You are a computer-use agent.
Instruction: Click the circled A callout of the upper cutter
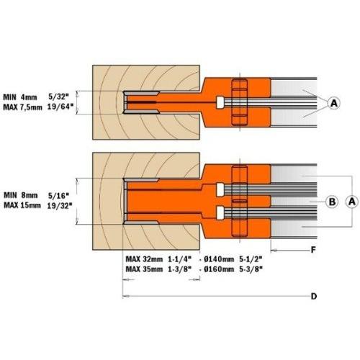(x=334, y=103)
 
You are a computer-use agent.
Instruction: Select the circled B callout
(x=332, y=202)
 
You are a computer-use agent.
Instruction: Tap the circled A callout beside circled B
(x=352, y=202)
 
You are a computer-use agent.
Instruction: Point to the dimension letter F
(x=313, y=250)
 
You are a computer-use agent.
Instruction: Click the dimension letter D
(x=314, y=297)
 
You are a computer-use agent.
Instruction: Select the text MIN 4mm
(x=20, y=97)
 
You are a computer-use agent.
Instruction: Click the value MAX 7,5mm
(x=22, y=107)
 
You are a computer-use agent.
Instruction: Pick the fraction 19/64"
(x=60, y=107)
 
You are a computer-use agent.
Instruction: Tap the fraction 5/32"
(x=58, y=96)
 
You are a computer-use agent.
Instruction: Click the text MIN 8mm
(x=21, y=195)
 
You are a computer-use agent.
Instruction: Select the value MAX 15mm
(x=22, y=205)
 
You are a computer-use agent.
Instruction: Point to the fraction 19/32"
(x=60, y=206)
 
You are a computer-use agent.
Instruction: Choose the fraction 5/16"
(x=58, y=196)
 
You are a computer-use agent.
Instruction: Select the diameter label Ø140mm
(x=219, y=259)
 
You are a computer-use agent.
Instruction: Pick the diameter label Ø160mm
(x=219, y=269)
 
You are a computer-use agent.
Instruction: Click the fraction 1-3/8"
(x=180, y=269)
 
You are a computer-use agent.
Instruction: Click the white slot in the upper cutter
(x=220, y=102)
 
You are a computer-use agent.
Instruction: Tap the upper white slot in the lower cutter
(x=220, y=189)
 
